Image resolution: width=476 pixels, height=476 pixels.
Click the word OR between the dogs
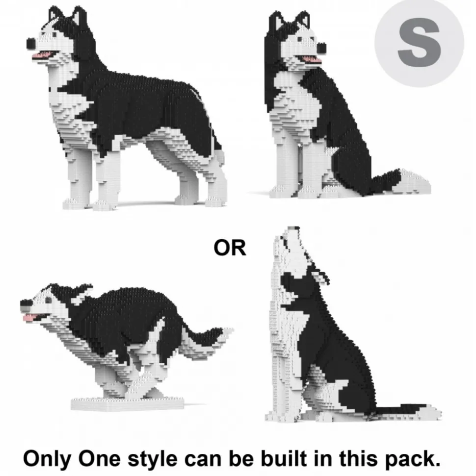[230, 248]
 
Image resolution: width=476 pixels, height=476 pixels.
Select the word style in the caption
[152, 459]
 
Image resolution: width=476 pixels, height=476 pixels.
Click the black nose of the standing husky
[31, 44]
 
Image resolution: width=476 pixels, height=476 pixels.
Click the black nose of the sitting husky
[321, 48]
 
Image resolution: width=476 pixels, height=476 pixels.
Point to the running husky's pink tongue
[29, 318]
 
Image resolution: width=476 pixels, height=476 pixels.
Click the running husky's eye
[48, 300]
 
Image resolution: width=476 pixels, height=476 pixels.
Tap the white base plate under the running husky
[128, 404]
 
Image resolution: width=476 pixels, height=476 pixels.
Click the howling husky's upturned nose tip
[293, 228]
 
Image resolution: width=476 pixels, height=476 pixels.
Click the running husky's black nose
[26, 303]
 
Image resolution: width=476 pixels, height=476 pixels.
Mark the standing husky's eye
[54, 35]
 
